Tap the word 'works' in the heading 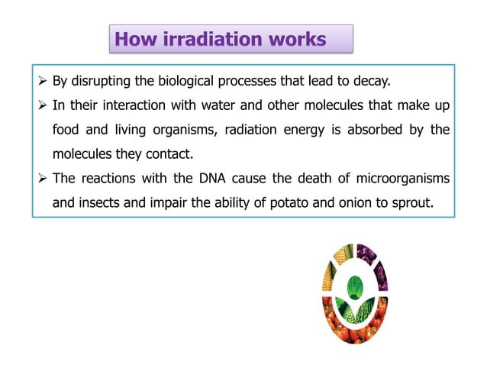(x=298, y=39)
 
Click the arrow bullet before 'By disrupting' (x=43, y=81)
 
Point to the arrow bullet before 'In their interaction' (x=43, y=105)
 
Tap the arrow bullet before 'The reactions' (x=43, y=179)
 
